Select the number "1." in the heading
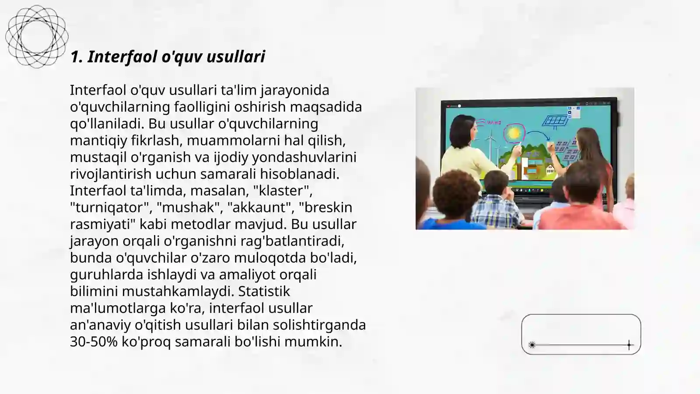[76, 57]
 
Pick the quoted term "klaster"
[283, 191]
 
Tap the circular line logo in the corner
[37, 36]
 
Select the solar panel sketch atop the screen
[556, 121]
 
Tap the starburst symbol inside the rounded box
[532, 345]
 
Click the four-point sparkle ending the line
[629, 345]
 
